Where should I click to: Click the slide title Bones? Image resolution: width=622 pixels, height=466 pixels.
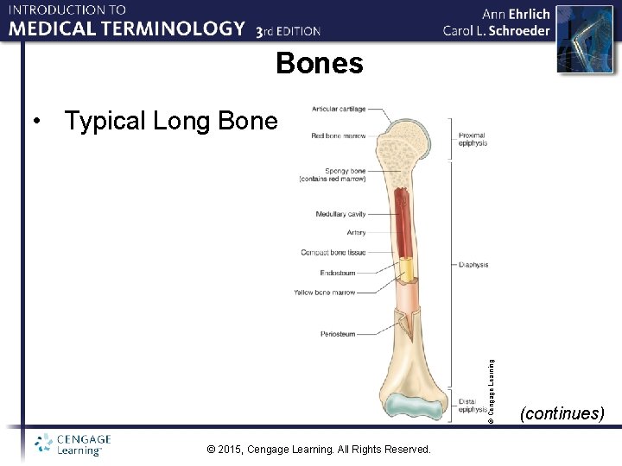coord(320,63)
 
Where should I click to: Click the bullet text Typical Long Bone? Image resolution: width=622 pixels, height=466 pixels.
coord(171,121)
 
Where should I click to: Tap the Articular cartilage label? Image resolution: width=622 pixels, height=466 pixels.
coord(339,109)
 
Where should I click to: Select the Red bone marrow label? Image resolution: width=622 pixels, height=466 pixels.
coord(339,135)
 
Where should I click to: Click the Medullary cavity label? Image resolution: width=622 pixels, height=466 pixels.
coord(340,214)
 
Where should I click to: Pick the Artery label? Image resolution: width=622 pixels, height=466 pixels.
coord(356,233)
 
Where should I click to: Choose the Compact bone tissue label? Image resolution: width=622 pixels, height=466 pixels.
coord(333,253)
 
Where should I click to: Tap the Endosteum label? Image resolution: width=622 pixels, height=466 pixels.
coord(338,273)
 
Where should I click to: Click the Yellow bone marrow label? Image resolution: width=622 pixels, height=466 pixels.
coord(324,293)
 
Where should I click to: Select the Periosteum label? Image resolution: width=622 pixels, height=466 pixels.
coord(338,334)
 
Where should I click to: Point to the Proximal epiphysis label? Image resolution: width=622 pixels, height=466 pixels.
coord(473,139)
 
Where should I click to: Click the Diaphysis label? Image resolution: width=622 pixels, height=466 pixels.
coord(473,265)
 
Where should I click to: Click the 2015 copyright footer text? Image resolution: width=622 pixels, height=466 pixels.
coord(320,449)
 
